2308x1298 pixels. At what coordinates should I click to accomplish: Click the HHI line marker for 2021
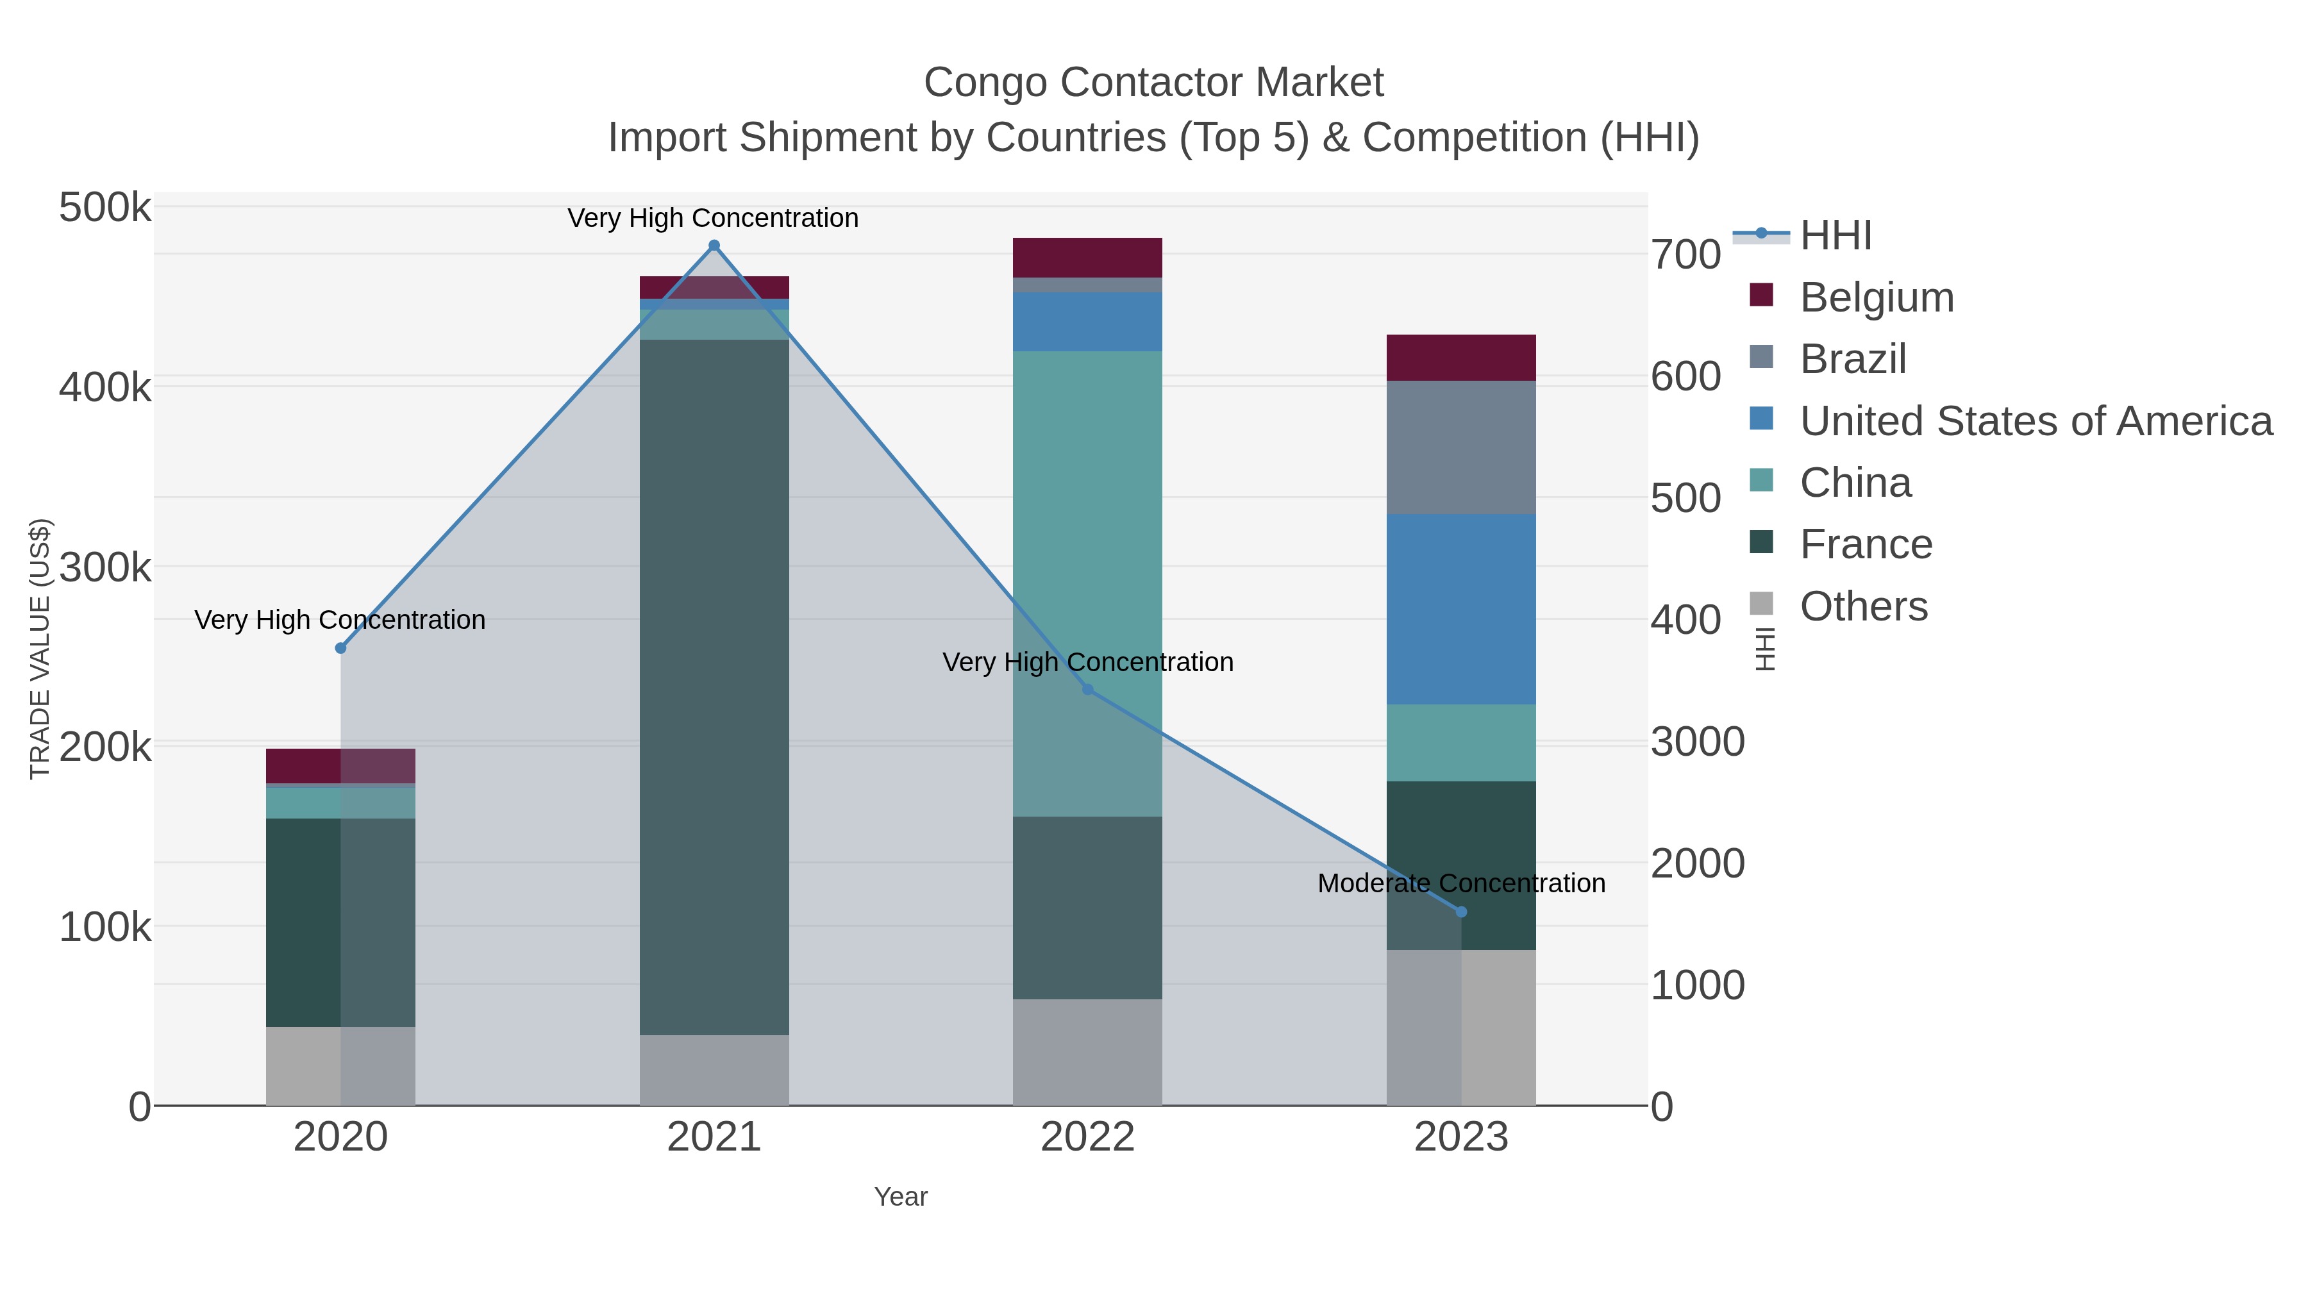tap(714, 245)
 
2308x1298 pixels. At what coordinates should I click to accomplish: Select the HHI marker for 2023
tap(1461, 912)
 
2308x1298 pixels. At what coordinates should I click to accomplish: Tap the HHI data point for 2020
tap(340, 647)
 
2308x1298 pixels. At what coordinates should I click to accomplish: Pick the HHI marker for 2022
tap(1088, 689)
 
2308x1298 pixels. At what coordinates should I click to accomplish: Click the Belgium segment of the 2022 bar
tap(1088, 257)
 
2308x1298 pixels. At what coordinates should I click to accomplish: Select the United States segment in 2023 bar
tap(1461, 609)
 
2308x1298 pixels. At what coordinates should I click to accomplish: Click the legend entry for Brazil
tap(1853, 359)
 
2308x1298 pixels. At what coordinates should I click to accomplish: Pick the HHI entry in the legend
tap(1835, 236)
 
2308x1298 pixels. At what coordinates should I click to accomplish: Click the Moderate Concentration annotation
tap(1461, 883)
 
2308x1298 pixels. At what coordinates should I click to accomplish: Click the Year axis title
tap(901, 1197)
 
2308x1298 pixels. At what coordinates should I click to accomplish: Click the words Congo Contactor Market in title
tap(1153, 83)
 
